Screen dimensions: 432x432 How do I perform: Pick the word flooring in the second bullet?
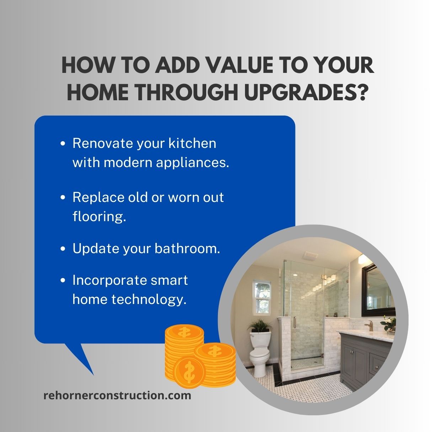(99, 216)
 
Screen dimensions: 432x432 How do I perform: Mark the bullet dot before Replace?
(63, 197)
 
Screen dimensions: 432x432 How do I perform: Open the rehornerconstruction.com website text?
(117, 395)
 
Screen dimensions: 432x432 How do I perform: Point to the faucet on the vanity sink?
(370, 325)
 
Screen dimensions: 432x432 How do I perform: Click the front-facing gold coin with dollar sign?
(188, 372)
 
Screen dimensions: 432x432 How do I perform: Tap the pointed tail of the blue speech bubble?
(85, 363)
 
